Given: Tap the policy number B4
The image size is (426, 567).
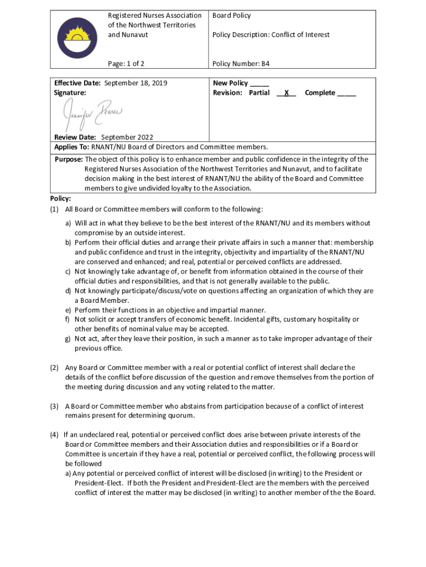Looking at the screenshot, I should (x=266, y=64).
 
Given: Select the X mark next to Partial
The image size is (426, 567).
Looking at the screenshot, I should (x=286, y=93).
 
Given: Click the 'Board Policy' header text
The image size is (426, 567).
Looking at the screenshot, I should (x=232, y=16).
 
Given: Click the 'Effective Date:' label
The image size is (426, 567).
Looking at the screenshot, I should (x=77, y=83).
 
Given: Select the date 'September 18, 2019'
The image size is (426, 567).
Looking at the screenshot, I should (x=136, y=83).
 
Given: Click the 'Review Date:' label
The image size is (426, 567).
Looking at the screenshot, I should (x=75, y=137).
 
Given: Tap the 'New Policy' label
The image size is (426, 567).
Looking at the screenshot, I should (x=231, y=83).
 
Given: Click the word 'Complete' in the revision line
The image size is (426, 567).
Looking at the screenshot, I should (x=320, y=93).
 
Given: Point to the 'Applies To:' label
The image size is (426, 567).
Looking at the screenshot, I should (x=71, y=147).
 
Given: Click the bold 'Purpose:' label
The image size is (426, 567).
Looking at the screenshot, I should (x=69, y=159).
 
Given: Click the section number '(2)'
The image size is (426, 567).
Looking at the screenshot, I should (x=55, y=368).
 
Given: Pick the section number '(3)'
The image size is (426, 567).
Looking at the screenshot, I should (x=55, y=406).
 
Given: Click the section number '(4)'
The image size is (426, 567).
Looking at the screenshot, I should (x=54, y=435).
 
